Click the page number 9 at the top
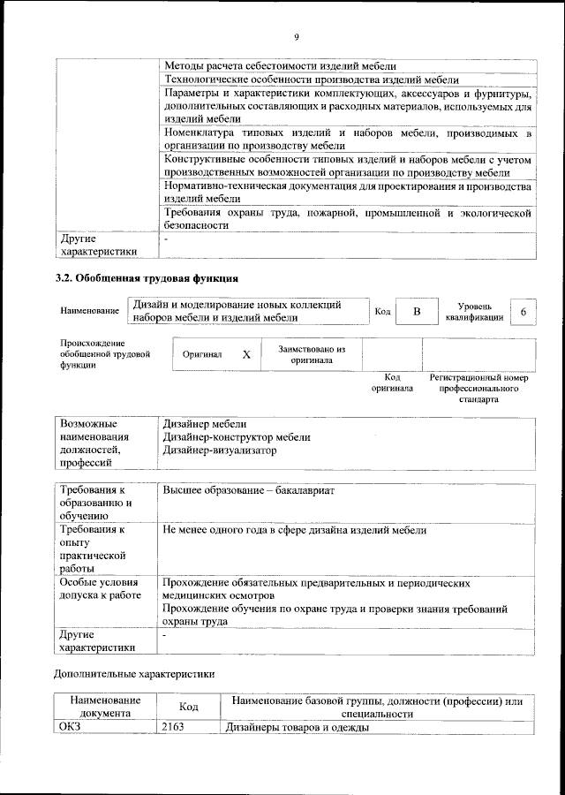click(x=296, y=36)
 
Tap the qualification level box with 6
click(x=524, y=313)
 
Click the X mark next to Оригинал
click(x=246, y=353)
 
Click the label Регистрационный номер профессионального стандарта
click(x=478, y=388)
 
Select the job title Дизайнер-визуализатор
click(x=219, y=450)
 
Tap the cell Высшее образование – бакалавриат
click(x=249, y=489)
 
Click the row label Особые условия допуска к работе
click(x=100, y=589)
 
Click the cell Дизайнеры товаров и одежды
click(x=297, y=727)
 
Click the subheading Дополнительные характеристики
click(x=134, y=673)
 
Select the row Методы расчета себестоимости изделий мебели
click(x=279, y=65)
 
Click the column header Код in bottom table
click(x=188, y=707)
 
